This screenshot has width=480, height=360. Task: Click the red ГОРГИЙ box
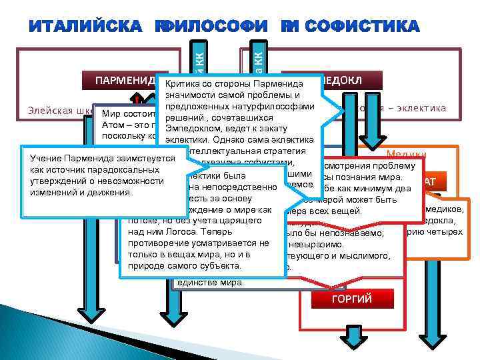[351, 298]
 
